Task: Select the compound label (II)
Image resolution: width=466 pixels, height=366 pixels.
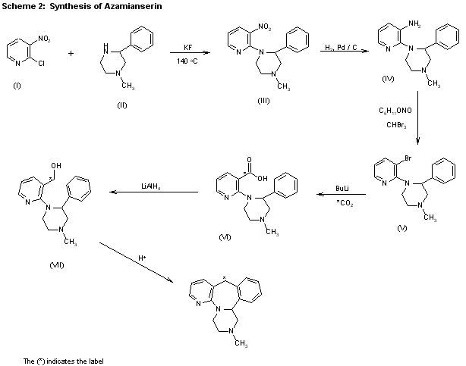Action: (121, 104)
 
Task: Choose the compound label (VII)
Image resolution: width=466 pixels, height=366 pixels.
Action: (36, 265)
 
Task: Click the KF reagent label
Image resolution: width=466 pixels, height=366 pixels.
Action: (187, 45)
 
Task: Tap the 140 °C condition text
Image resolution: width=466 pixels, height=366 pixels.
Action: (188, 60)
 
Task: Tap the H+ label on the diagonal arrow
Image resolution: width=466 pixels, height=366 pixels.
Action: (143, 258)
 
